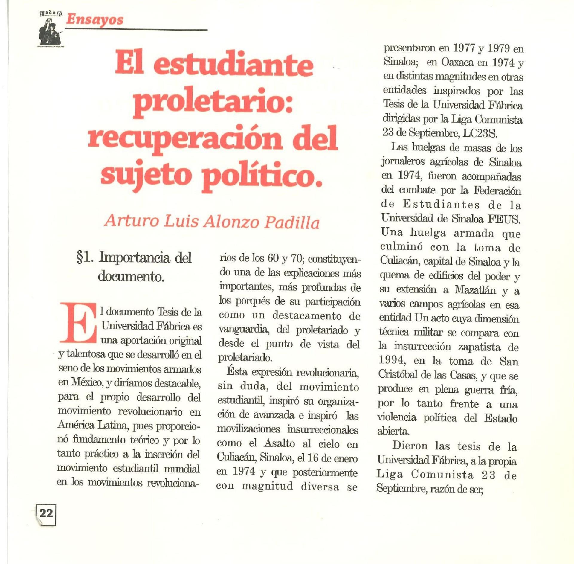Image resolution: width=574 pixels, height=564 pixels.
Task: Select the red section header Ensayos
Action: coord(94,20)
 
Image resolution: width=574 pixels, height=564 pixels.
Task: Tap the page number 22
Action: coord(46,513)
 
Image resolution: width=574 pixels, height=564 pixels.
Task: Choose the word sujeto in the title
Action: coord(146,175)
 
